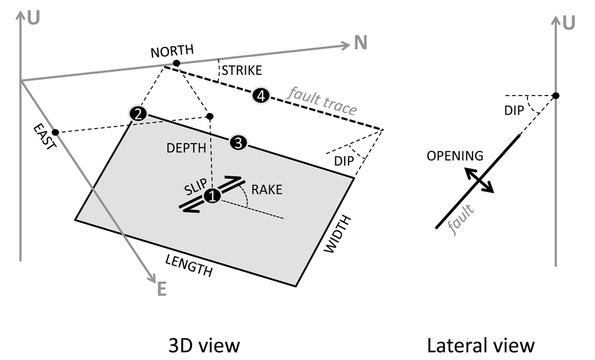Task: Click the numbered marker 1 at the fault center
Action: click(x=212, y=196)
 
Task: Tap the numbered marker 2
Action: click(x=138, y=114)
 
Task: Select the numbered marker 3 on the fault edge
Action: click(x=238, y=143)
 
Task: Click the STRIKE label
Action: click(x=241, y=71)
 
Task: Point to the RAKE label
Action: click(x=266, y=190)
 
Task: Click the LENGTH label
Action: click(x=189, y=264)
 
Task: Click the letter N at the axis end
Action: click(x=360, y=43)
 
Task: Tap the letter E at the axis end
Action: click(x=161, y=289)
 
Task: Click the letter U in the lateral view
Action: click(x=569, y=23)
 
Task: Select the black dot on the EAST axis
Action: click(x=55, y=132)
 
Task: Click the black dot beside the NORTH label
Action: click(x=176, y=63)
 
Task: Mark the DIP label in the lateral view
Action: click(x=514, y=111)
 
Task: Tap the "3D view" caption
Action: click(x=204, y=345)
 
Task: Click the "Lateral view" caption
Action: click(x=480, y=345)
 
